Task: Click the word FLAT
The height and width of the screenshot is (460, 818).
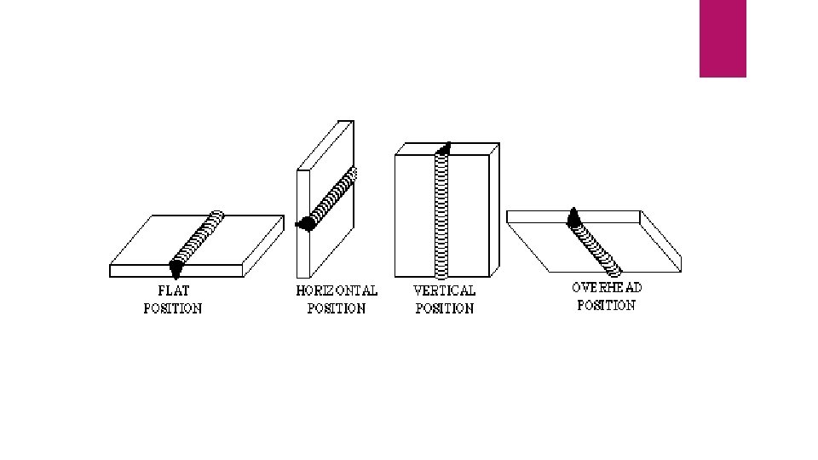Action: click(173, 290)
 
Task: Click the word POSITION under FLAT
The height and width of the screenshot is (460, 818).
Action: click(173, 308)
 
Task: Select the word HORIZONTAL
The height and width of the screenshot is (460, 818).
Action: click(337, 290)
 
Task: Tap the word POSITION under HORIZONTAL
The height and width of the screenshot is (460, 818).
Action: click(337, 308)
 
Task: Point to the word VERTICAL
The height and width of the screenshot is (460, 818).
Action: click(444, 290)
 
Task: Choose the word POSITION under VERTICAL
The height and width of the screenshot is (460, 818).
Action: click(444, 308)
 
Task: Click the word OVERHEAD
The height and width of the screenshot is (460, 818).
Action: click(607, 287)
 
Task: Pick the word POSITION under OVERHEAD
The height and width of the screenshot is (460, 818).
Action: click(607, 305)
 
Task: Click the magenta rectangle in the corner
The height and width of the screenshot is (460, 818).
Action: click(723, 37)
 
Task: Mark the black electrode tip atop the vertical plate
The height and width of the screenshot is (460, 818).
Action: click(443, 150)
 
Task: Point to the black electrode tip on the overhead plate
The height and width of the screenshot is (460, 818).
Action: click(574, 217)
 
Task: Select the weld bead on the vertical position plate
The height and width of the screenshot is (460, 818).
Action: click(442, 213)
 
